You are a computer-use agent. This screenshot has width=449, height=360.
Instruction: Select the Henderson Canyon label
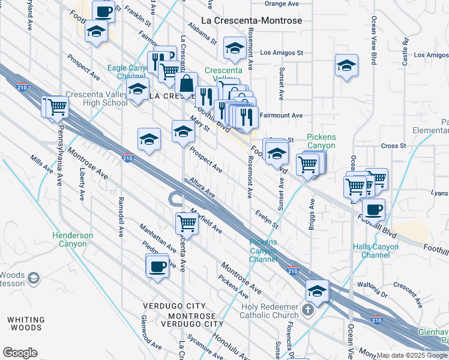tap(73, 239)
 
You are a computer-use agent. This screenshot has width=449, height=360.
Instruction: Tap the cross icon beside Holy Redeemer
tap(308, 310)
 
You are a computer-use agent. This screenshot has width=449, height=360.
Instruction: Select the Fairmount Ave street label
tap(281, 115)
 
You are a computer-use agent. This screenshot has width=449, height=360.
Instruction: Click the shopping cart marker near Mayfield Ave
tap(187, 223)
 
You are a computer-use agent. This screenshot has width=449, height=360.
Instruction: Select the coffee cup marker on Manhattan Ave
tap(157, 266)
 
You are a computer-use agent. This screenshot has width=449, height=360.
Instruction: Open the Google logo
tap(20, 353)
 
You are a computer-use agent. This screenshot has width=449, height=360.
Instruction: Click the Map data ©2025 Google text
tap(412, 355)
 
